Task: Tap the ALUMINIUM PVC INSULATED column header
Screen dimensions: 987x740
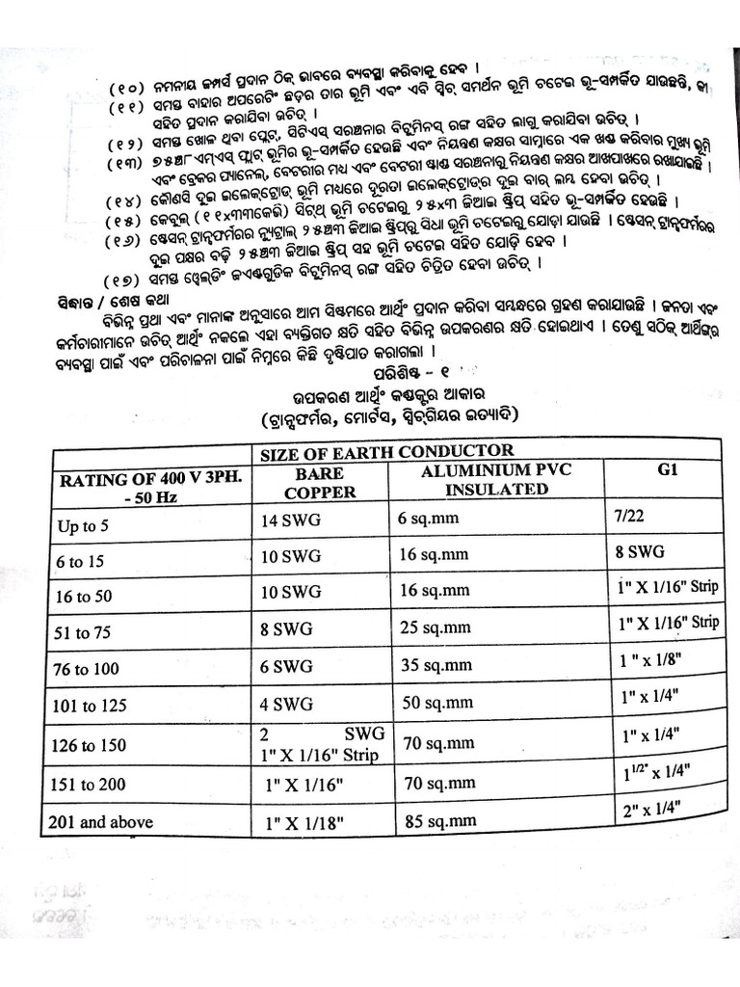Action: pos(489,479)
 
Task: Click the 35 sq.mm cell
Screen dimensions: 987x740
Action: pos(435,666)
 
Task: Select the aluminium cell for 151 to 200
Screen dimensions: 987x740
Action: pos(435,782)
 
